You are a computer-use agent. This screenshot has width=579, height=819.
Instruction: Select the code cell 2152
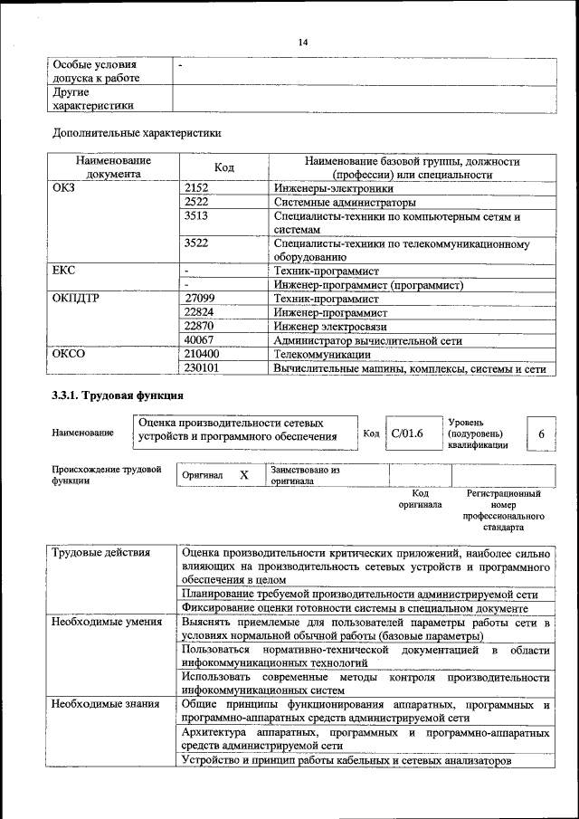(196, 188)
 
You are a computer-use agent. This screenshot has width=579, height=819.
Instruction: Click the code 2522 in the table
(196, 202)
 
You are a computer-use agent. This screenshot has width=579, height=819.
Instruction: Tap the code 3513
(196, 216)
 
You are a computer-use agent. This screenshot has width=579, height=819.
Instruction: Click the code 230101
(202, 368)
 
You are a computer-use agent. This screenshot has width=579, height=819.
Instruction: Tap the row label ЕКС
(64, 270)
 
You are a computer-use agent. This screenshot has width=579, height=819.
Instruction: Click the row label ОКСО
(69, 355)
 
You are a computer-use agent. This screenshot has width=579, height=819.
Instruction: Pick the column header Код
(224, 167)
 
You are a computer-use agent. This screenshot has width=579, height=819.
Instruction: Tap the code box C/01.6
(407, 433)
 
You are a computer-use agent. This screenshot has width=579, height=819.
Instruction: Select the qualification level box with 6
(541, 434)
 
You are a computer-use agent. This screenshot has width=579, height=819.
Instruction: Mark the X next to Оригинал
(243, 475)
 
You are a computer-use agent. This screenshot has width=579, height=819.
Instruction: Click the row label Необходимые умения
(107, 622)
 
